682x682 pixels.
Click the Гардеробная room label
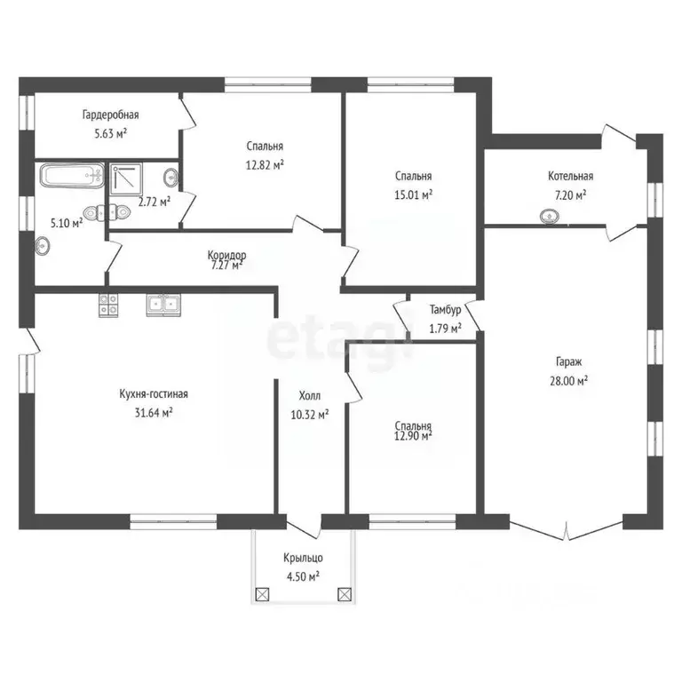tap(110, 115)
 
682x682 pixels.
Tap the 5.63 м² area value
tap(110, 133)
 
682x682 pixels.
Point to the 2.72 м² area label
tap(154, 202)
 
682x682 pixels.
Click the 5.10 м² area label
tap(67, 224)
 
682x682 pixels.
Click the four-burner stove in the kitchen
tap(108, 305)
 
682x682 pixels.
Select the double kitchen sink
tap(164, 305)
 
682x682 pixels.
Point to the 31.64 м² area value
tap(154, 412)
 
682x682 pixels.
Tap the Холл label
tap(310, 396)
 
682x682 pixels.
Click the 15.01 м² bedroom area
tap(414, 194)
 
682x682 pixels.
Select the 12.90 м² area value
tap(414, 436)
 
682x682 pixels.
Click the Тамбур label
tap(445, 311)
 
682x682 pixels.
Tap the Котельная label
tap(570, 177)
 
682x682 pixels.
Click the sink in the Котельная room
tap(548, 215)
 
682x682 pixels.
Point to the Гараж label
tap(570, 362)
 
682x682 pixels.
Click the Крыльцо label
tap(303, 558)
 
